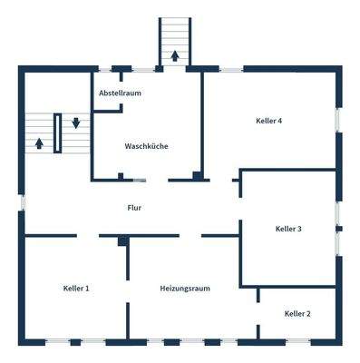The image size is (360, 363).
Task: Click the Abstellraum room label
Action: coord(121,93)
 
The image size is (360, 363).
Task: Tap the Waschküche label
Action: coord(146,146)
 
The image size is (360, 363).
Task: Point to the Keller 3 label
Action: coord(287,229)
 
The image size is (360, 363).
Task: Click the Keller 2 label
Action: coord(297,313)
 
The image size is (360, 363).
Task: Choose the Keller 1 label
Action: coord(76,288)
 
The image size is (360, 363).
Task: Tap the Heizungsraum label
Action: coord(185,288)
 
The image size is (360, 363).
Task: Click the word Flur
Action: coord(134,208)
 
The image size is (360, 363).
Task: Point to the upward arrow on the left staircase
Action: coord(38,142)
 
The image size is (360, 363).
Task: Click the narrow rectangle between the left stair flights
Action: coord(58,133)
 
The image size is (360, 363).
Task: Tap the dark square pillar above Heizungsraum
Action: coord(121,240)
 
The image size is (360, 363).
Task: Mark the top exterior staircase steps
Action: coord(173,36)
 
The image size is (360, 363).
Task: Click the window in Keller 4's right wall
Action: coord(338,121)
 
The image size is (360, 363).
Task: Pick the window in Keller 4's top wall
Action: coord(231,69)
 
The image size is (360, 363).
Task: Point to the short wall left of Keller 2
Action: coord(258,295)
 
